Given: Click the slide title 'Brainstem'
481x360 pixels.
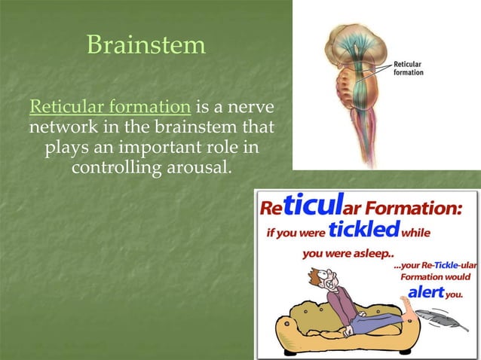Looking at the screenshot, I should [146, 44].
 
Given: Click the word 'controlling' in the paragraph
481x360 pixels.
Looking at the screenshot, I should [112, 165].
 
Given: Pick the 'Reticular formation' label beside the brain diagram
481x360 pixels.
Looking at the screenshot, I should [408, 68].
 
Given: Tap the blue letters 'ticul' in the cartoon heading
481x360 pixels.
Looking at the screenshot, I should [323, 205].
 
